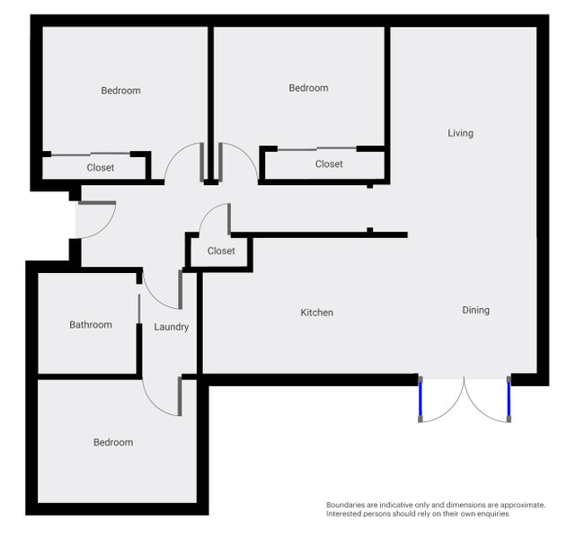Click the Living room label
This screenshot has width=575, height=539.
(x=460, y=134)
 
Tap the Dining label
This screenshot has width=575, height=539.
(x=475, y=311)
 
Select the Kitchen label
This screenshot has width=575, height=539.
(x=316, y=313)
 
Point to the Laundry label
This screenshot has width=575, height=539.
(x=171, y=327)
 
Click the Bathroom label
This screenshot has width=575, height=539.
(x=91, y=325)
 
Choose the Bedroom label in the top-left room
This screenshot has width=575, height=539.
(x=120, y=91)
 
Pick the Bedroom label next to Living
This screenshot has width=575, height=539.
(x=308, y=88)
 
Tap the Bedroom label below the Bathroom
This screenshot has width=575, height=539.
(x=113, y=443)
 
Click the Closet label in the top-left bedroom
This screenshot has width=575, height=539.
(x=101, y=168)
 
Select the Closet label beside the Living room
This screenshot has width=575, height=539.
(x=329, y=164)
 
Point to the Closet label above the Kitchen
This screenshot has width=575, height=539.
(x=221, y=252)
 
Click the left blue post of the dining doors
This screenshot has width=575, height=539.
(x=420, y=400)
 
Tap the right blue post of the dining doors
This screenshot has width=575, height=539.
(x=509, y=400)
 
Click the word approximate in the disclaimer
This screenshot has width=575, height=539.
(x=518, y=506)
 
